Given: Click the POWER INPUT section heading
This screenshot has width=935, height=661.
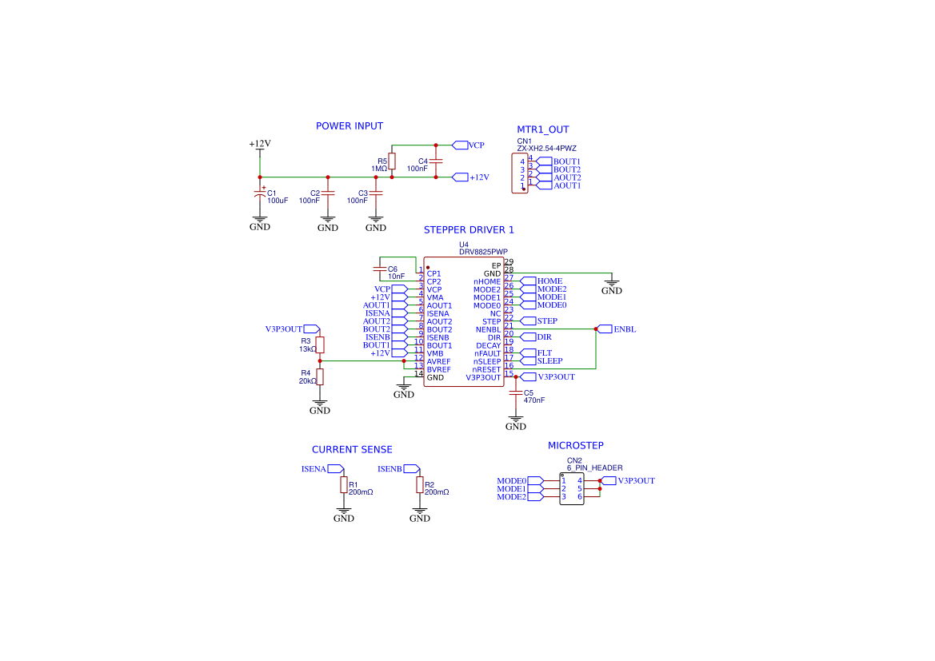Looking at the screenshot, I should coord(349,126).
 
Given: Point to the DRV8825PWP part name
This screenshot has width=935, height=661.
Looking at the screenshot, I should coord(483,252).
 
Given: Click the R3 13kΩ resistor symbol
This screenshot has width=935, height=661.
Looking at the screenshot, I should coord(320,344).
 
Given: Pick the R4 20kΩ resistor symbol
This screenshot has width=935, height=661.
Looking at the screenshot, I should coord(320,377).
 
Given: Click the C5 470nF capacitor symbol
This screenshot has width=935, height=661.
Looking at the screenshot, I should coord(517,393).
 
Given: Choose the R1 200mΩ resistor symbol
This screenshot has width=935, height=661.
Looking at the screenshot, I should coord(344,485).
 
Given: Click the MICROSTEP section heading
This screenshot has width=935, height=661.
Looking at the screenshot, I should coord(575,445).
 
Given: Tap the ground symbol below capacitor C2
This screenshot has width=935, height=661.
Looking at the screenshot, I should coord(328,221).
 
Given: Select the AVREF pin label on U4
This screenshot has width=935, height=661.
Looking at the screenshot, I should coord(438,361).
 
